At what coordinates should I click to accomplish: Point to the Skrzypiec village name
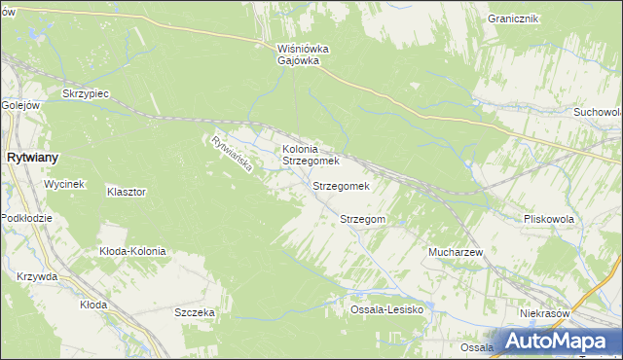85,93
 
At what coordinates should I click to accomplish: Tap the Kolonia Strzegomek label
310,155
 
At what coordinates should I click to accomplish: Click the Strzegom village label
363,220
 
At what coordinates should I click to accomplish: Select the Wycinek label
65,184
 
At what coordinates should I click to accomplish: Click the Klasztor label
127,193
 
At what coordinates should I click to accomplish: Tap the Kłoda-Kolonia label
133,251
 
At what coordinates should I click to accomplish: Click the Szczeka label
194,312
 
